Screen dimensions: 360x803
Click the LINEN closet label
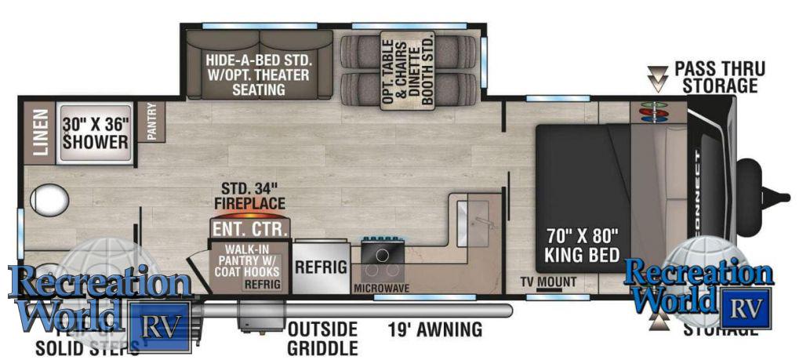[x=39, y=132]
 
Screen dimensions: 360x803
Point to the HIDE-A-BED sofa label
[x=259, y=75]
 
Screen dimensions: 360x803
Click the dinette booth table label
[x=408, y=73]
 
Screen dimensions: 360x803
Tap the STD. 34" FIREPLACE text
[x=250, y=195]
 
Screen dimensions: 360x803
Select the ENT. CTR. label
[x=250, y=229]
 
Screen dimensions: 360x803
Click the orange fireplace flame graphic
[x=250, y=213]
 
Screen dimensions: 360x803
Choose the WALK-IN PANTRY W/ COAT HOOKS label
[x=244, y=262]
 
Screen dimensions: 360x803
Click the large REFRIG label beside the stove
[x=320, y=266]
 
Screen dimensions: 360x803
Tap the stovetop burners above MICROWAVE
[x=383, y=256]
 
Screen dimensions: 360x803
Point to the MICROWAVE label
[x=381, y=288]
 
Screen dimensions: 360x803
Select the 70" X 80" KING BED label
[x=582, y=244]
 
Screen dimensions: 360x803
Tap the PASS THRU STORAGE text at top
[x=719, y=77]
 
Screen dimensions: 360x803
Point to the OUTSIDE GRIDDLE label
[x=322, y=337]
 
